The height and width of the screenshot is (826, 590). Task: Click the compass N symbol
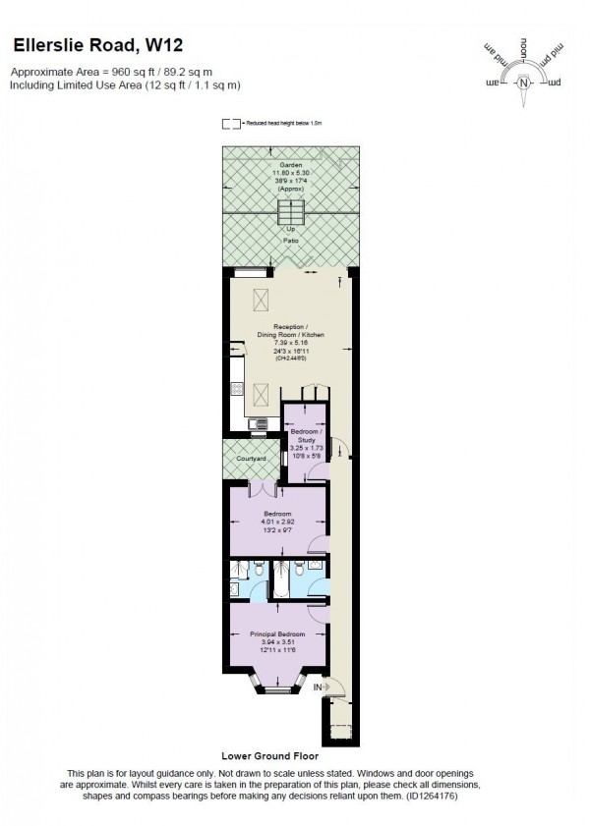[x=523, y=82]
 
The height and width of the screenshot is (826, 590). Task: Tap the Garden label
[x=290, y=165]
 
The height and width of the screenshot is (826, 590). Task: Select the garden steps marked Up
[x=290, y=213]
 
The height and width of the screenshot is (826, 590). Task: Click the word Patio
[x=290, y=239]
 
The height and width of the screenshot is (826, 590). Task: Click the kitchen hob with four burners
[x=237, y=390]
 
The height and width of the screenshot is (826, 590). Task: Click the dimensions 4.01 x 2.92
[x=279, y=522]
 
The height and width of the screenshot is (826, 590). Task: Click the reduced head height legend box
[x=231, y=124]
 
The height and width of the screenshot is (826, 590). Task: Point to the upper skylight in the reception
[x=262, y=300]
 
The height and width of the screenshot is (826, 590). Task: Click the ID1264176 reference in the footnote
[x=426, y=798]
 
